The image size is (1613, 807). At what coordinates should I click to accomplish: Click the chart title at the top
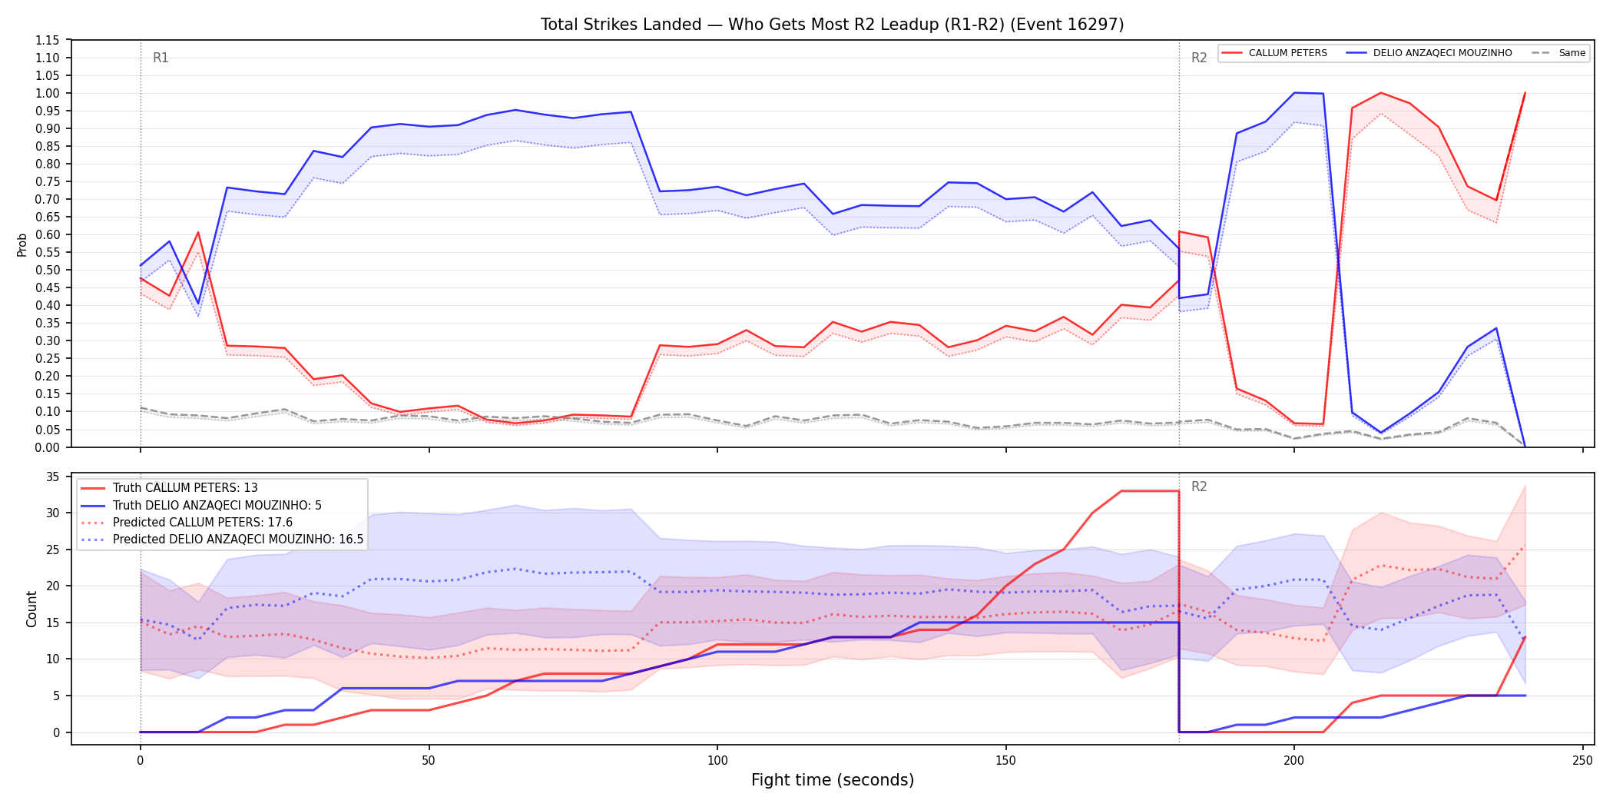point(832,25)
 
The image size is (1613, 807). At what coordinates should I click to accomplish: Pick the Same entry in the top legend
point(1558,53)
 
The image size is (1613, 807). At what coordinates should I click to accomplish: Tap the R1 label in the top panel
point(161,58)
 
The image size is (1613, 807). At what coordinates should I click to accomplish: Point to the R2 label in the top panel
point(1199,58)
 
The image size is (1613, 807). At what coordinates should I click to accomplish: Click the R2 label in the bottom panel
point(1199,487)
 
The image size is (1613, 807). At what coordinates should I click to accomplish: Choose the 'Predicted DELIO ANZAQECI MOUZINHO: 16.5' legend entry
point(222,540)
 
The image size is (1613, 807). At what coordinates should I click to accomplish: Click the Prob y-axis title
point(22,244)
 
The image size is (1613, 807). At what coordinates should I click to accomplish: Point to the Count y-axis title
point(31,609)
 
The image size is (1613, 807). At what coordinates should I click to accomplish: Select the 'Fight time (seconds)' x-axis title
point(833,780)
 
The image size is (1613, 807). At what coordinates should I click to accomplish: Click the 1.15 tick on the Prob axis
point(48,40)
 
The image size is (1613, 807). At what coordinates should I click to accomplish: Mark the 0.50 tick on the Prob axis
point(48,270)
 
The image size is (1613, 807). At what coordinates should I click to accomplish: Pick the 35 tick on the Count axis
point(53,477)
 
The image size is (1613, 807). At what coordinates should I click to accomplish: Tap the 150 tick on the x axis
point(1005,761)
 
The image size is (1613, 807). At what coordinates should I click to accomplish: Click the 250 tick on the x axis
point(1582,761)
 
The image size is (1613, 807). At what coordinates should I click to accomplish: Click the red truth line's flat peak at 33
point(1150,491)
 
